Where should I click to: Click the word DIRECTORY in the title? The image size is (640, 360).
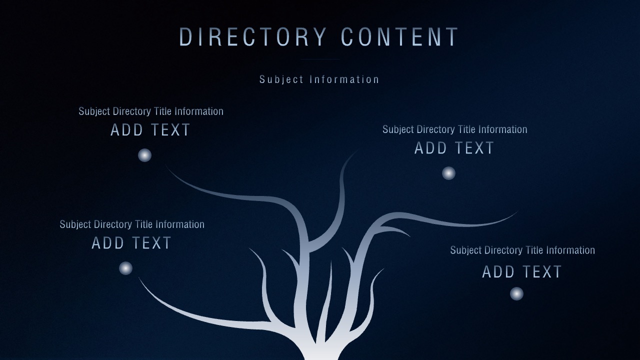tap(253, 37)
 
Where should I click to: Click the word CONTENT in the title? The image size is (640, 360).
tap(399, 37)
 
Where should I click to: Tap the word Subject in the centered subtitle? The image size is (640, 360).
tap(281, 79)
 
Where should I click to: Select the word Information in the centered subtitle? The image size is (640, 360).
tap(344, 79)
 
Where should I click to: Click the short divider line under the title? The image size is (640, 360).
tap(320, 59)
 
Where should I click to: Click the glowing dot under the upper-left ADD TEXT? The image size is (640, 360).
tap(144, 155)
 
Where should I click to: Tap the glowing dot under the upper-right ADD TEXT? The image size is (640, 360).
tap(448, 173)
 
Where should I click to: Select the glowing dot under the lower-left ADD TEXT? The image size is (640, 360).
tap(125, 268)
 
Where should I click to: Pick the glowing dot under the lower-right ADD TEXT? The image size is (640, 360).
tap(516, 293)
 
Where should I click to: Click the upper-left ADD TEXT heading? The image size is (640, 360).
tap(150, 130)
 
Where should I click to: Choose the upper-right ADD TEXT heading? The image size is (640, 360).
tap(454, 148)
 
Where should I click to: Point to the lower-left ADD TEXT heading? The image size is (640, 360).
tap(131, 243)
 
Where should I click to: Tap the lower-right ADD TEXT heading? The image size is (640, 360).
tap(522, 271)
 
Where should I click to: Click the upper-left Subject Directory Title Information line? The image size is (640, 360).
tap(151, 111)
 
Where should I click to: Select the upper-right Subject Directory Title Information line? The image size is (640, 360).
tap(455, 129)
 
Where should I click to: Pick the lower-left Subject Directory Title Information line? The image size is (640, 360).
tap(132, 224)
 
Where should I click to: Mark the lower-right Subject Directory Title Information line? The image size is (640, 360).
tap(522, 250)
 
